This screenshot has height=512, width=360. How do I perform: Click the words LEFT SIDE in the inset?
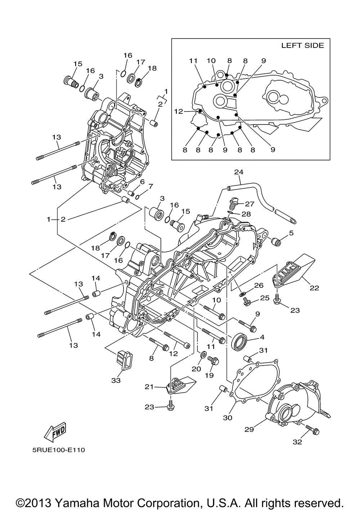tap(302, 45)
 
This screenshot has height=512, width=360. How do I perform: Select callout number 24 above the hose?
tap(239, 172)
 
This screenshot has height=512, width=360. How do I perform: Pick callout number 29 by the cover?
tap(249, 430)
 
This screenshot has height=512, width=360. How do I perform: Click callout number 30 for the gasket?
tap(228, 418)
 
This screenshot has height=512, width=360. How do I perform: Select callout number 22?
tap(314, 288)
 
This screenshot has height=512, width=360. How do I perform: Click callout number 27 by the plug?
tap(250, 204)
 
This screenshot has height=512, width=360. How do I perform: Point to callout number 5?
tap(291, 233)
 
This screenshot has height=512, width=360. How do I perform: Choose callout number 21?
tap(149, 387)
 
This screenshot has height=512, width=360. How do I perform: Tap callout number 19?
tap(209, 375)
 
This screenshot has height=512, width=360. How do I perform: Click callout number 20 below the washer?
tap(196, 369)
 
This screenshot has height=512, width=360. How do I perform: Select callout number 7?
tap(150, 186)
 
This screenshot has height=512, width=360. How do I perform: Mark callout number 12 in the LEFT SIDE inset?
tap(179, 111)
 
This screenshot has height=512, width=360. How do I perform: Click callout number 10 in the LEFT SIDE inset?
tap(211, 60)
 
